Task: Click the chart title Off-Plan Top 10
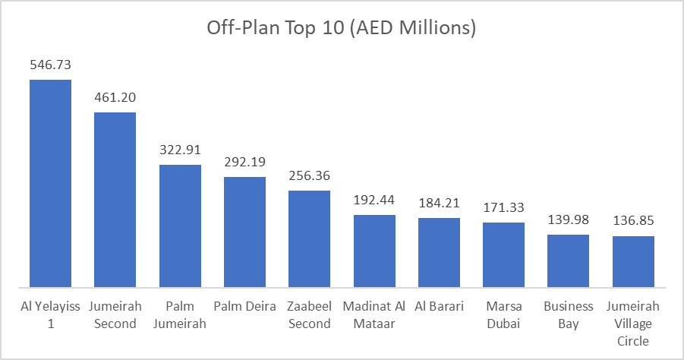pos(342,28)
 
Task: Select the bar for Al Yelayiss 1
pos(50,183)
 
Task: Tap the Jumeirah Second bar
pos(115,200)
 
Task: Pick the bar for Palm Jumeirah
pos(180,226)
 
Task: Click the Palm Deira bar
pos(244,232)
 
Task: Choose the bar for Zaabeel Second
pos(309,238)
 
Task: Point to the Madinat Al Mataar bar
pos(374,251)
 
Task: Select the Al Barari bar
pos(439,252)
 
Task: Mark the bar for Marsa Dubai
pos(504,254)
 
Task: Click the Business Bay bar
pos(569,261)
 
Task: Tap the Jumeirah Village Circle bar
pos(633,261)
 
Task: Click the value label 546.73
pos(50,65)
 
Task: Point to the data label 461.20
pos(115,98)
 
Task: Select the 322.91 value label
pos(180,150)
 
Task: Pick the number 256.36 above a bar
pos(309,176)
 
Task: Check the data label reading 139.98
pos(569,220)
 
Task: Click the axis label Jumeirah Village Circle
pos(633,324)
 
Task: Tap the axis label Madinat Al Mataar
pos(374,315)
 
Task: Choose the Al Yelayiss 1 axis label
pos(50,315)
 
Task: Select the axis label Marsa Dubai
pos(504,315)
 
